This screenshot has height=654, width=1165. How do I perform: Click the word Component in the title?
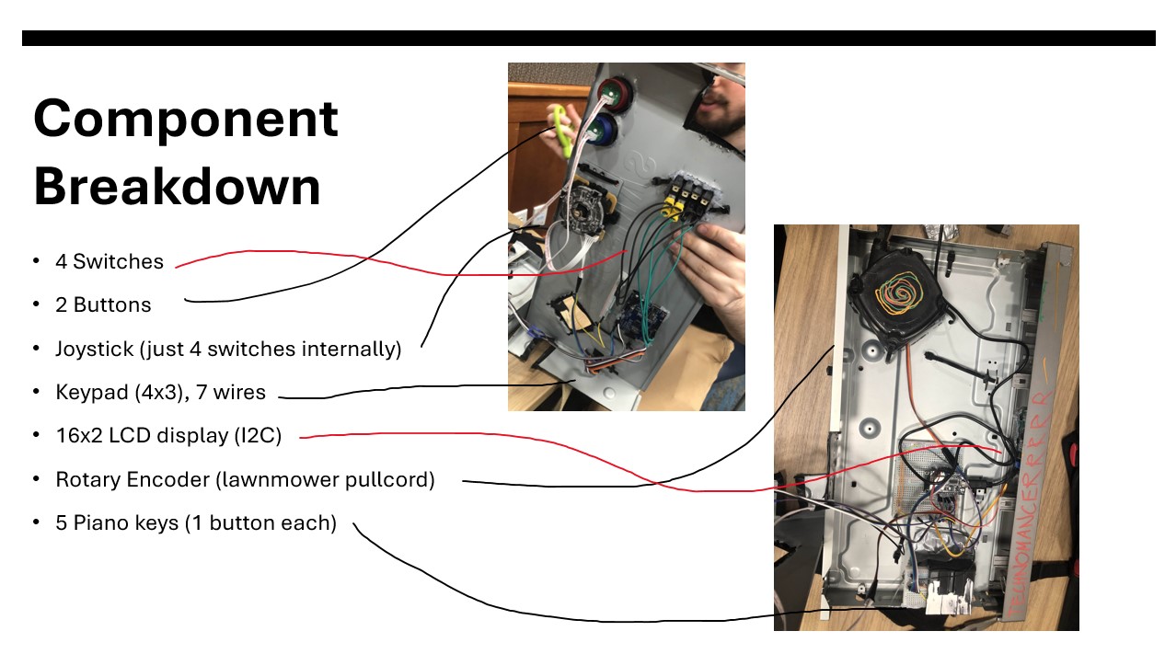click(x=186, y=120)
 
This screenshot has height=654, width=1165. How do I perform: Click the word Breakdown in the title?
click(x=177, y=187)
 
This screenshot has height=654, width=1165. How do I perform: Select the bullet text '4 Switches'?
click(x=109, y=261)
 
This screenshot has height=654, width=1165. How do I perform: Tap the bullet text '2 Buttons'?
click(x=103, y=304)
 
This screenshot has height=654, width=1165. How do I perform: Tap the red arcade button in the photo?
click(x=610, y=92)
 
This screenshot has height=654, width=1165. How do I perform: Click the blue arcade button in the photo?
click(x=604, y=130)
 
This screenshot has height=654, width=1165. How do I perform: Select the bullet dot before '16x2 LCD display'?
click(x=35, y=435)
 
